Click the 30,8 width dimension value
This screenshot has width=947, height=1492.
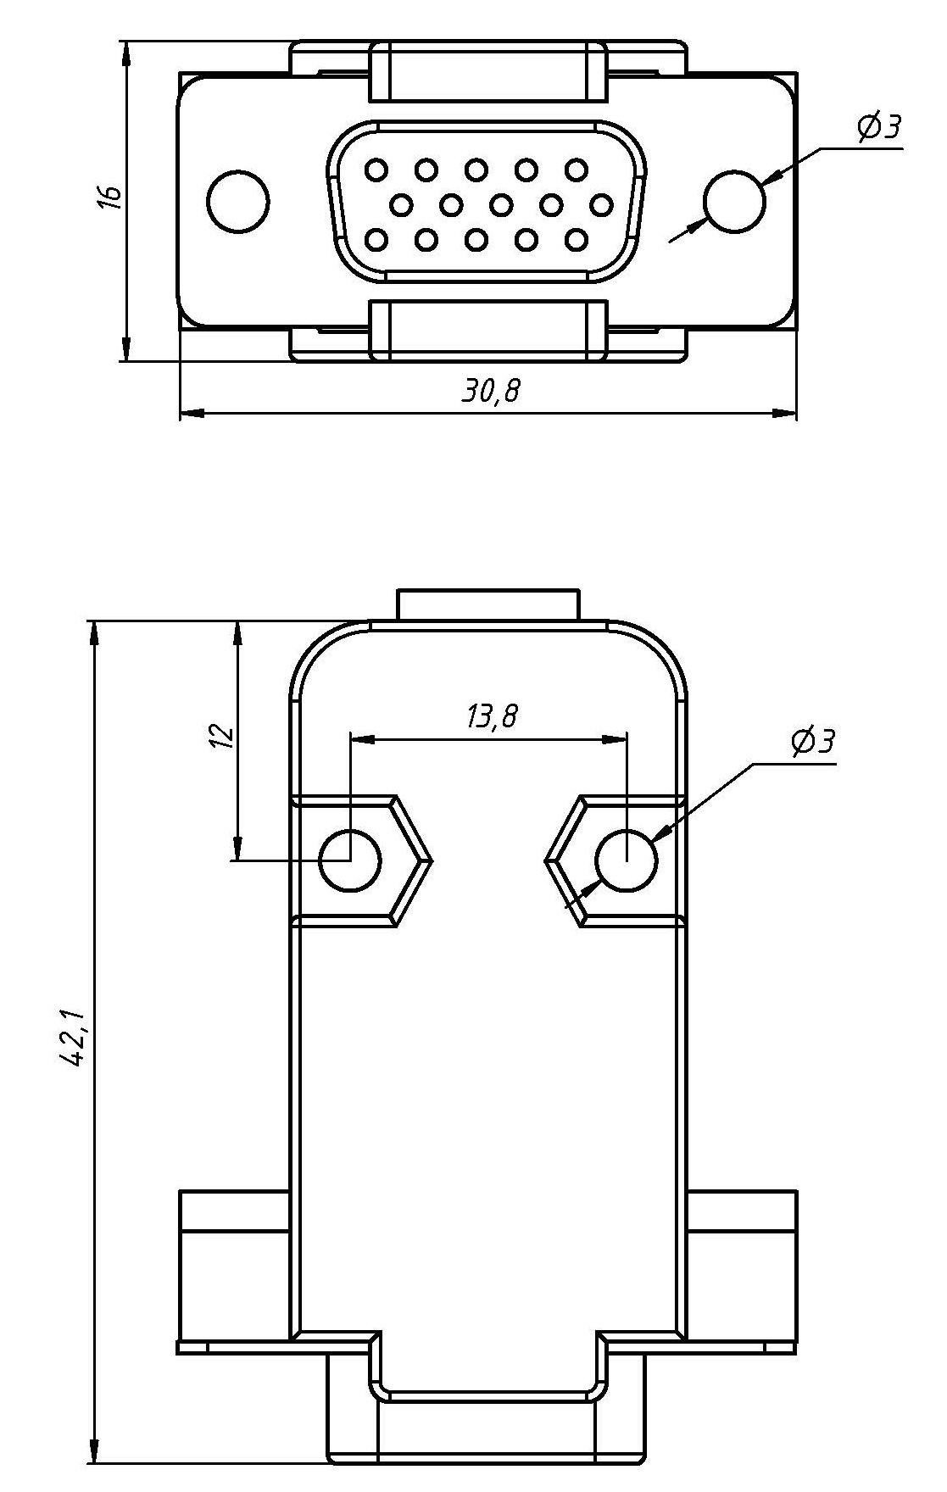[x=490, y=391]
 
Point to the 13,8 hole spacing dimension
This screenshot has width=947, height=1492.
[x=490, y=717]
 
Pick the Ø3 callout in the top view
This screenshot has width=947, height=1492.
[x=877, y=128]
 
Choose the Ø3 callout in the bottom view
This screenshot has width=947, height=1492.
[x=812, y=742]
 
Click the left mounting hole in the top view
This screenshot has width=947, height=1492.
[x=238, y=202]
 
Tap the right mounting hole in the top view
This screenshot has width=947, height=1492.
[x=734, y=201]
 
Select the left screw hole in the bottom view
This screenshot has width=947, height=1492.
[x=349, y=860]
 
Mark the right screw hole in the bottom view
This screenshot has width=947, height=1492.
[x=627, y=860]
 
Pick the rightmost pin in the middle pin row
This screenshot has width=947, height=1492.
[x=602, y=204]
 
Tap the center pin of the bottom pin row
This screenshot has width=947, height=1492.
[x=476, y=241]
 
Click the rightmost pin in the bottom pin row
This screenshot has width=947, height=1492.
[x=577, y=241]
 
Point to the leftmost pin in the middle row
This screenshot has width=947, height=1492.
[x=402, y=204]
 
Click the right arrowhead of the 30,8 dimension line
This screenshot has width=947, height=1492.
[x=787, y=414]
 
